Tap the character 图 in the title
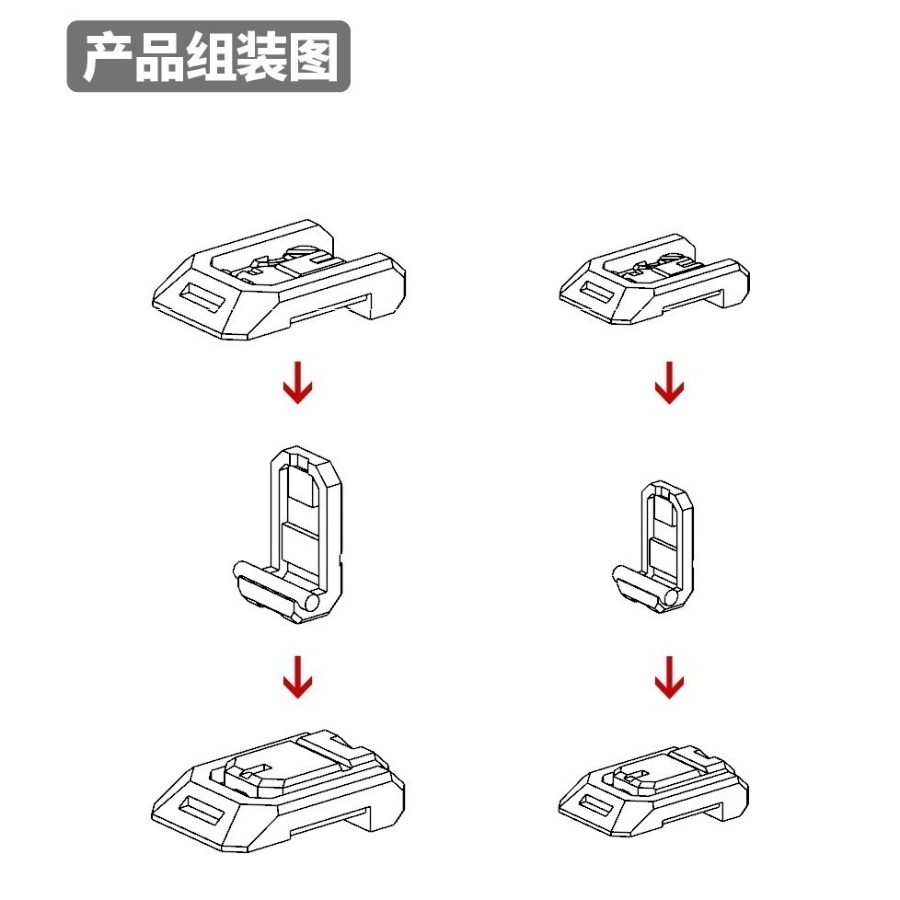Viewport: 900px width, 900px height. (315, 57)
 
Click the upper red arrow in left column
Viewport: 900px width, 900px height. (297, 384)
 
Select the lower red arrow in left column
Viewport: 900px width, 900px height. (297, 677)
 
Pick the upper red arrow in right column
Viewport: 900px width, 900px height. (669, 384)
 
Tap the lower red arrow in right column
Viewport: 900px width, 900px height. (669, 677)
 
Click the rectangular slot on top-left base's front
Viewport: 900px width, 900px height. (202, 298)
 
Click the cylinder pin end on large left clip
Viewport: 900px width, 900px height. (311, 604)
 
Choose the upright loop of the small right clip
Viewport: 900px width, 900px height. (666, 525)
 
